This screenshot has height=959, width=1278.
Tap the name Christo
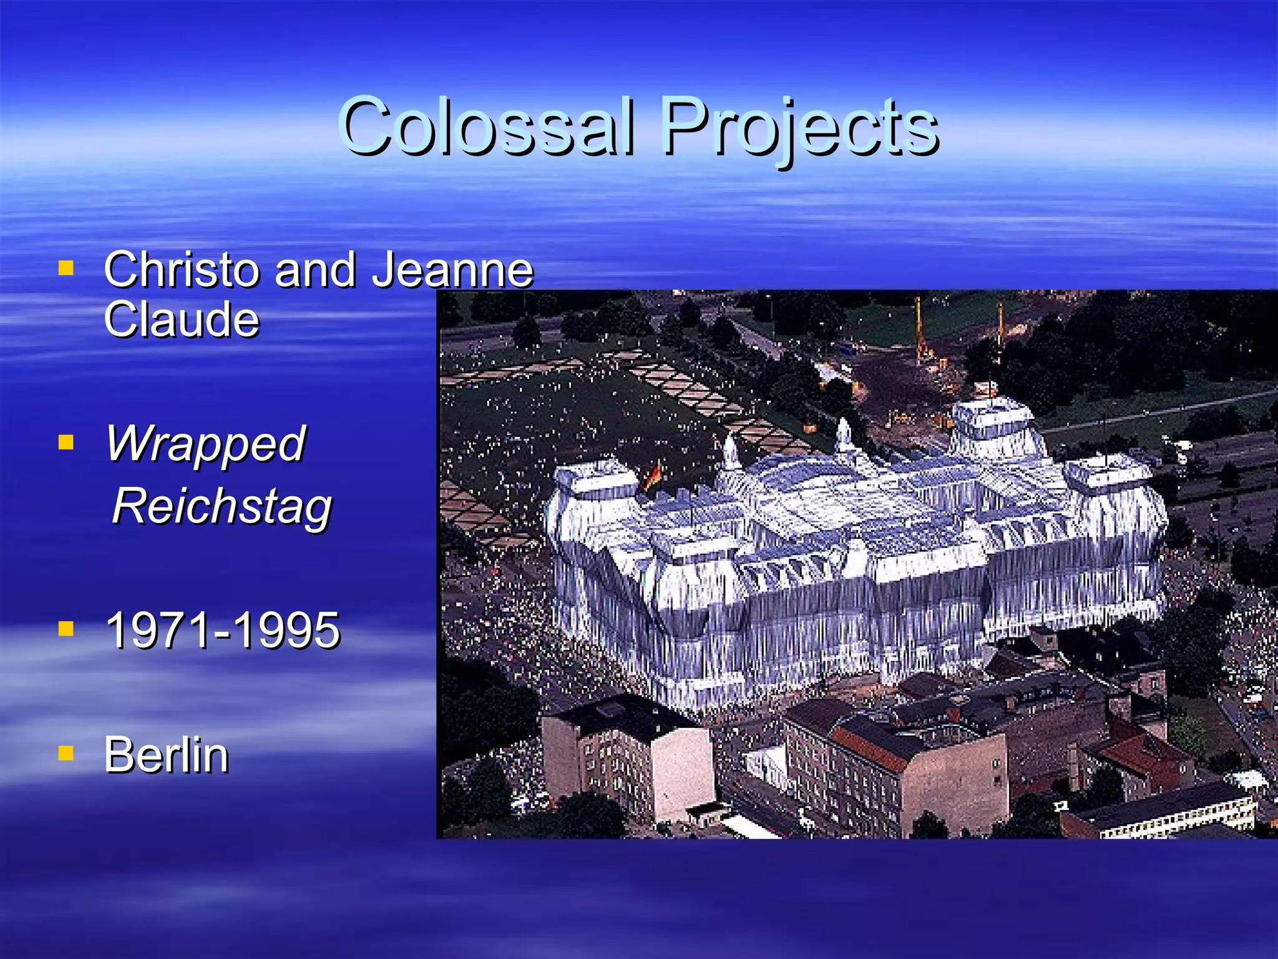point(181,270)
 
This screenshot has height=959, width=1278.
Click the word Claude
point(181,320)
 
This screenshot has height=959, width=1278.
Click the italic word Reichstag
point(222,507)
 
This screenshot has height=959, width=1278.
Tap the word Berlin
point(166,755)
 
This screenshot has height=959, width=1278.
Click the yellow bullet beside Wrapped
point(66,443)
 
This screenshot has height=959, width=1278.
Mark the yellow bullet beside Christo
point(66,268)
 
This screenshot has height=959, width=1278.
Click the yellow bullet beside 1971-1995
point(66,628)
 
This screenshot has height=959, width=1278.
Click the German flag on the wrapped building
point(652,478)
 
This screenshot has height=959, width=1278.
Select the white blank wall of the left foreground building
point(683,774)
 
